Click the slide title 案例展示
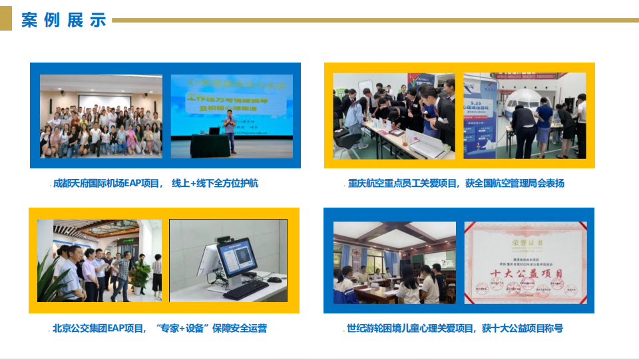pos(63,20)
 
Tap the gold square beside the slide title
pos(6,20)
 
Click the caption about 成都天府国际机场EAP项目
pos(155,183)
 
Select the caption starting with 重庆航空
pos(455,183)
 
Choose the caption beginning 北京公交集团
pos(159,328)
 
